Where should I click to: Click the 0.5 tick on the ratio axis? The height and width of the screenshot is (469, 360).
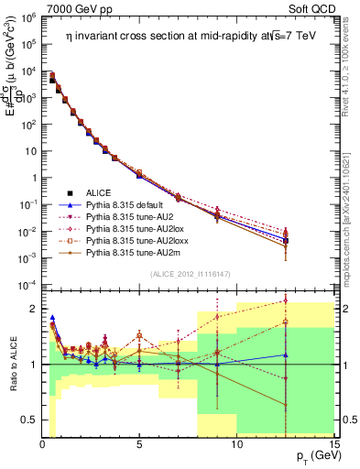pos(28,420)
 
